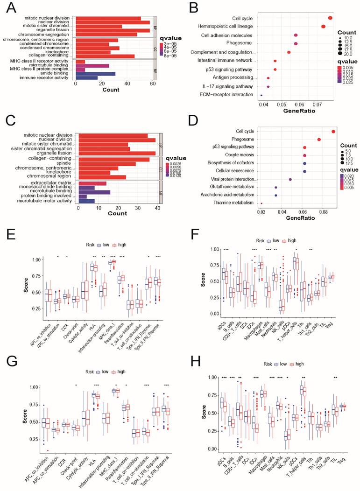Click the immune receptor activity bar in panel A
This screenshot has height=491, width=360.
86,78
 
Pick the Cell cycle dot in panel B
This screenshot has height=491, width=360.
330,18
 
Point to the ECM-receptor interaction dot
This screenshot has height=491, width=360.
261,95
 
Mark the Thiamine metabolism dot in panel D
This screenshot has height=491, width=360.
261,203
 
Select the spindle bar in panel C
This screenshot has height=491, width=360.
107,164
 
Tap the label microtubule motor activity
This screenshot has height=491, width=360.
44,201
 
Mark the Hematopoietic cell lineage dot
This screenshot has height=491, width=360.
323,27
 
